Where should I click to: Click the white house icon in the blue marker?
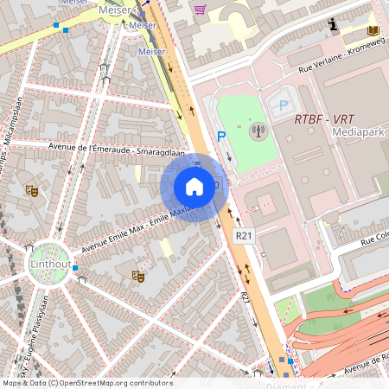pos(194,187)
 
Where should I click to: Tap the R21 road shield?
pos(244,234)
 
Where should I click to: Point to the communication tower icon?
pos(256,132)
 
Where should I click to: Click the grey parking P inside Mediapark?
pos(283,105)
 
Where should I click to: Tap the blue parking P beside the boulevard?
pos(221,136)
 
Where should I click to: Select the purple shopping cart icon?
pos(201,10)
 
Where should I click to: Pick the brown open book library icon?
pos(373,31)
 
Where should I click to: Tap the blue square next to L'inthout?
pos(76,269)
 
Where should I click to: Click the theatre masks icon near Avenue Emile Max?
pos(137,277)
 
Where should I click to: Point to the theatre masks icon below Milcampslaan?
pos(32,189)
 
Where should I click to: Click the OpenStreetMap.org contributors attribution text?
pos(116,383)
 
